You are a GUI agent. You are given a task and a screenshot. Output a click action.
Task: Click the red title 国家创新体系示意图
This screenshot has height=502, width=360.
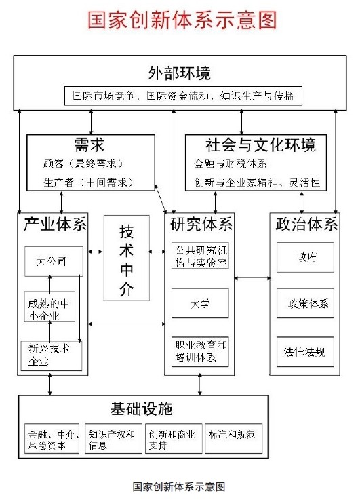click(182, 20)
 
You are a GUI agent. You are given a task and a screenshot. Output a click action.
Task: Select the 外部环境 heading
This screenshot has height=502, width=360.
click(179, 73)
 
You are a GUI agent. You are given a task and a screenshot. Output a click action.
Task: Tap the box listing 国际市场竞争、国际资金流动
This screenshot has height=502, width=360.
click(183, 96)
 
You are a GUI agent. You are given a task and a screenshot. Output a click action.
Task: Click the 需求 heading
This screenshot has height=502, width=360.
click(89, 144)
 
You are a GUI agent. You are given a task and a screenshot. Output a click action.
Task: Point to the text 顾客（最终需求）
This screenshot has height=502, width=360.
click(83, 163)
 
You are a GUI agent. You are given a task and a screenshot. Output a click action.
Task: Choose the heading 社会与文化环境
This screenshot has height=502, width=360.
click(260, 144)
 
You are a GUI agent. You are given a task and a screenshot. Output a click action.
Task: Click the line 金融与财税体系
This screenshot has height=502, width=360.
click(231, 163)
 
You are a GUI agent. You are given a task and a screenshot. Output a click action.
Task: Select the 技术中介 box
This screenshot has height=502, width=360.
click(127, 258)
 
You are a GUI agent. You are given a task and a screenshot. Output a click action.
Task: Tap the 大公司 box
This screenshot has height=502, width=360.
click(54, 261)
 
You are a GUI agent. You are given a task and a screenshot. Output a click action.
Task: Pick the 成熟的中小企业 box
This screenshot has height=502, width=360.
click(49, 307)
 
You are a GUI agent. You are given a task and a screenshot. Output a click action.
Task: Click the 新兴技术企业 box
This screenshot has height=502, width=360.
click(52, 355)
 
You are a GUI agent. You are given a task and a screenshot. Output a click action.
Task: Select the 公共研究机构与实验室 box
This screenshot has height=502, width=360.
click(200, 256)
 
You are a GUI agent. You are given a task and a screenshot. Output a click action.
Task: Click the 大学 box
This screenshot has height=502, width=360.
click(200, 303)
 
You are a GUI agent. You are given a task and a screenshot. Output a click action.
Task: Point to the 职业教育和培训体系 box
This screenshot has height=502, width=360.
click(200, 351)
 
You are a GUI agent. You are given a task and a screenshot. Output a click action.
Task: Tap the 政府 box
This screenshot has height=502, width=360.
click(305, 257)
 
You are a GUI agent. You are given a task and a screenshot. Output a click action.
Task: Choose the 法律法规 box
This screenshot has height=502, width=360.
click(305, 351)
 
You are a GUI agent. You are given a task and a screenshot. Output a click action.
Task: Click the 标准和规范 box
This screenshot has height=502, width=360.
click(234, 438)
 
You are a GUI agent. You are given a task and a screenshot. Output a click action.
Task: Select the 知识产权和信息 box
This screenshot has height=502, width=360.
click(113, 438)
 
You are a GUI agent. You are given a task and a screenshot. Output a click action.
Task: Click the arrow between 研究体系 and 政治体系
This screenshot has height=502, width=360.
click(252, 278)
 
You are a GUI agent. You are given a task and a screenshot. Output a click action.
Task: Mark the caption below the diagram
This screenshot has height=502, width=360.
click(179, 486)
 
